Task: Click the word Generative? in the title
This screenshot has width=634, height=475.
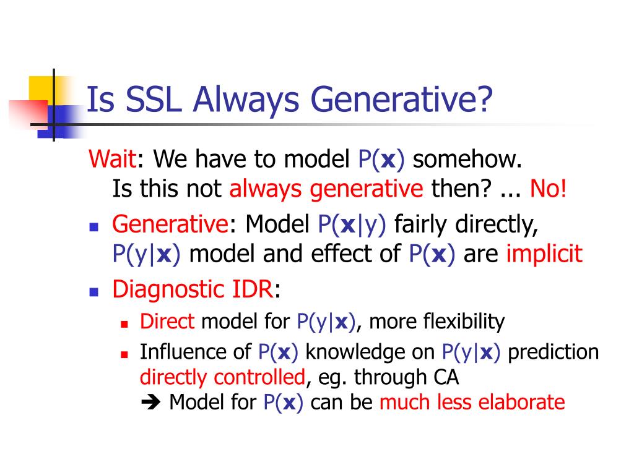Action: tap(401, 100)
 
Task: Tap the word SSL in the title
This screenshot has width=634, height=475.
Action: tap(154, 99)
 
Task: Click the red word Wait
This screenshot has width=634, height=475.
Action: tap(113, 158)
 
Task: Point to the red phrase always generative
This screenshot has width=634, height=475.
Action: tap(326, 189)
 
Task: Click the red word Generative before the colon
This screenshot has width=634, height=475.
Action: tap(170, 224)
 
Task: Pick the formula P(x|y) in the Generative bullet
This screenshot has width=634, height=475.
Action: tap(352, 224)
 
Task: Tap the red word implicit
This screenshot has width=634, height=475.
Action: tap(544, 254)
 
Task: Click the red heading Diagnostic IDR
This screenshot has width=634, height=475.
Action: tap(193, 289)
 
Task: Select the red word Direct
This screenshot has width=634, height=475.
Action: tap(167, 322)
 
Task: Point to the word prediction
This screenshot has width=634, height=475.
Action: tap(553, 352)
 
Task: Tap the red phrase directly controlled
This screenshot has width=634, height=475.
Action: tap(222, 377)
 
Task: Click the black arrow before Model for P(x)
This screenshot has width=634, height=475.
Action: tap(150, 402)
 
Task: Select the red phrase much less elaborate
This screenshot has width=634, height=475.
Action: tap(472, 402)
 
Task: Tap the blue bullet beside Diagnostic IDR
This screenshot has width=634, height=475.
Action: tap(94, 292)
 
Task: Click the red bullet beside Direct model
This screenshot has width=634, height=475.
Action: tap(124, 324)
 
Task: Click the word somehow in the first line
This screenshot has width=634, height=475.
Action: tap(467, 159)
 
